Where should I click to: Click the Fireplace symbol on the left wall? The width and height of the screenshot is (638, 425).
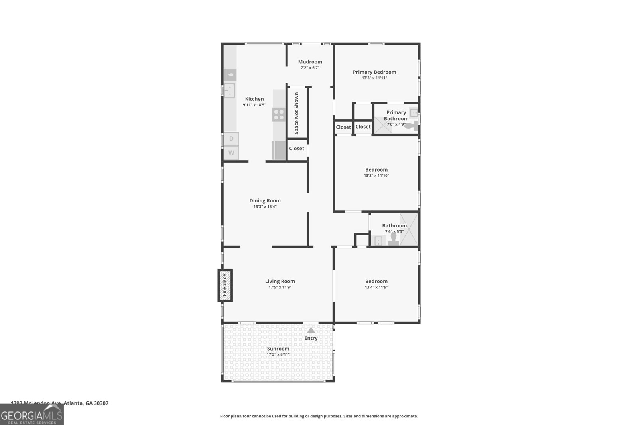225,285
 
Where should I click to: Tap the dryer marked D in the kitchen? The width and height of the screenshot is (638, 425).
231,139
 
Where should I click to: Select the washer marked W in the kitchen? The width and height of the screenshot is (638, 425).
231,153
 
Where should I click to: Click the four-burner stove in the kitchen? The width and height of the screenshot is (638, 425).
279,115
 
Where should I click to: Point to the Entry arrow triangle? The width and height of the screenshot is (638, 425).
311,330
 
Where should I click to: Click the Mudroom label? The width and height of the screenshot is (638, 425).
310,62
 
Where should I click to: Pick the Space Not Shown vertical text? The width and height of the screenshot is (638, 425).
297,113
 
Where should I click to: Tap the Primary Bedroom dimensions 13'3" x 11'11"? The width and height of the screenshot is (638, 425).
374,78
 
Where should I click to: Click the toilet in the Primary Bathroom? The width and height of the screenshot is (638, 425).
411,126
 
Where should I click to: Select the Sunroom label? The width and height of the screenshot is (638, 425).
278,349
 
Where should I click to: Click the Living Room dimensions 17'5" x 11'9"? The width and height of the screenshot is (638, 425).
280,287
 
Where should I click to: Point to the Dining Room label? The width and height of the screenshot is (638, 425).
265,200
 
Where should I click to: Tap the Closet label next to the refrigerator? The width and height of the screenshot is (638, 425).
297,148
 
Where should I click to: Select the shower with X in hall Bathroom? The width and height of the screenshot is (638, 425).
409,229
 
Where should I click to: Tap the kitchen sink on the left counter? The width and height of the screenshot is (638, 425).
229,90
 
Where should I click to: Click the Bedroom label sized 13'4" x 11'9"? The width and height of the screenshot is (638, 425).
376,281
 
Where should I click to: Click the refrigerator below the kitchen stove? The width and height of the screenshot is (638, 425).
279,150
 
